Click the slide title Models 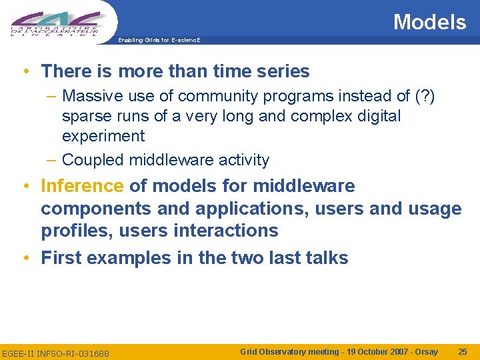pos(429,22)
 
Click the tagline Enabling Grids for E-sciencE pos(159,41)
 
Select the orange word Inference pos(82,186)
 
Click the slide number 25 pos(463,351)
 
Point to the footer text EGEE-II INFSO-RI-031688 pos(56,352)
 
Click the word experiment pos(103,136)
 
